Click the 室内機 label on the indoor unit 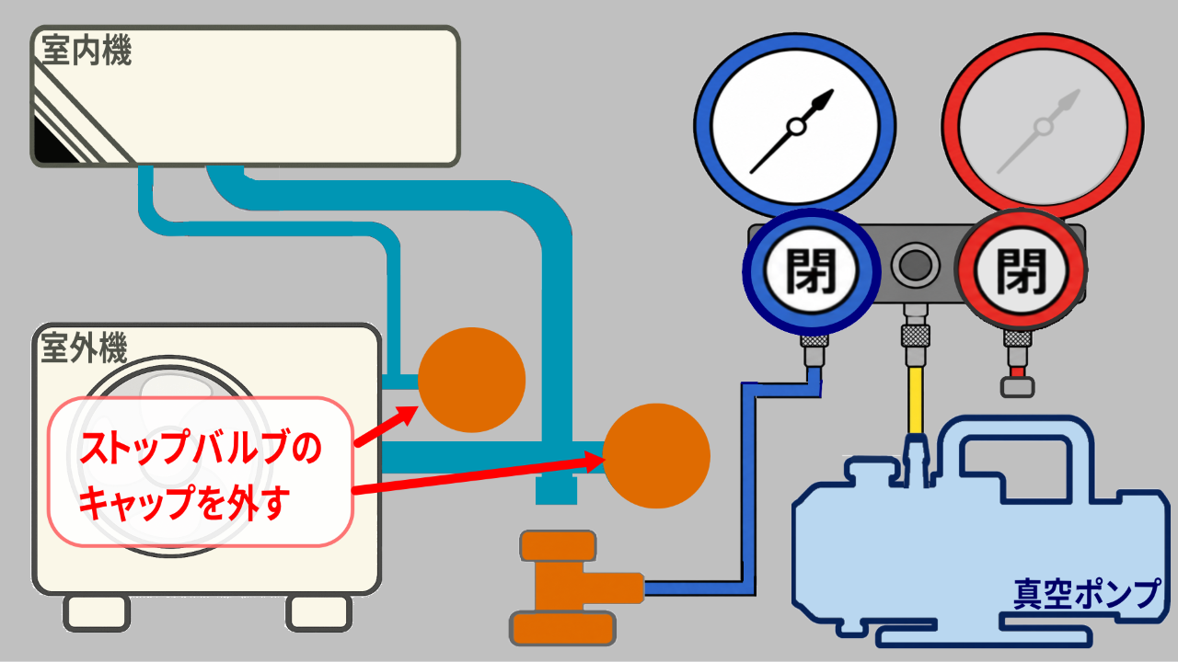coord(87,51)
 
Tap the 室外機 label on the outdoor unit coord(84,348)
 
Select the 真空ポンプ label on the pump coord(1086,594)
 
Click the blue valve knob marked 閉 coord(811,271)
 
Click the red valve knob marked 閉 coord(1021,270)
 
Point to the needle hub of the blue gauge coord(797,127)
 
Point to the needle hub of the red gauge coord(1044,127)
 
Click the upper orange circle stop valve coord(472,380)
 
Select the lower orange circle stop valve coord(656,455)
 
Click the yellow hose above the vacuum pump coord(916,400)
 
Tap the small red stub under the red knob coord(1018,372)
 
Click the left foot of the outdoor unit coord(98,613)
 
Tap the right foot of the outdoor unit coord(319,613)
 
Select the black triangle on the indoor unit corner coord(52,142)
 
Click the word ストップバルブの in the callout coord(201,447)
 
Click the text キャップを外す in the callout coord(184,502)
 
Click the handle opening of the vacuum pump coord(1015,470)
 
